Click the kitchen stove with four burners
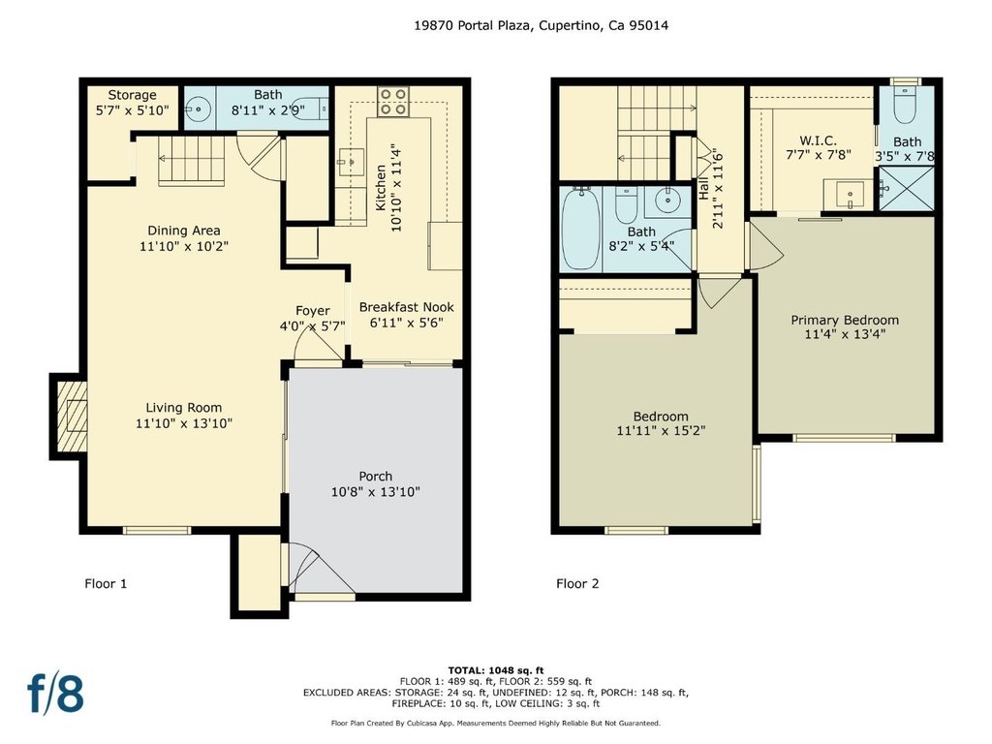[x=392, y=102]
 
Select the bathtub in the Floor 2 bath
[x=580, y=229]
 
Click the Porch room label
[x=375, y=477]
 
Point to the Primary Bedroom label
[x=845, y=320]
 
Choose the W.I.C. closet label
[x=818, y=140]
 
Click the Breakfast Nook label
[x=406, y=307]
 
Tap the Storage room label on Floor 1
[x=132, y=95]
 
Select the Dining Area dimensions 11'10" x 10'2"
[x=183, y=246]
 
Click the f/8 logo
[x=55, y=693]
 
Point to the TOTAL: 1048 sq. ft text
[x=496, y=670]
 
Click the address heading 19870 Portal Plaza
[x=473, y=25]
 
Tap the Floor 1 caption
[x=106, y=583]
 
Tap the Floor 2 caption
[x=577, y=583]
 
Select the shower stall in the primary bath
[x=907, y=189]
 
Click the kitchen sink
[x=351, y=162]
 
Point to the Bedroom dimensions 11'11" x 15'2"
[x=661, y=431]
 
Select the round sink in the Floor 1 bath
[x=200, y=108]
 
